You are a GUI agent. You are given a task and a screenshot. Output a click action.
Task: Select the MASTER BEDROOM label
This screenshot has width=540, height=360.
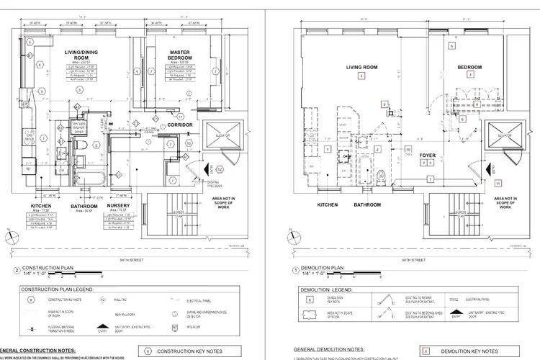point(179,55)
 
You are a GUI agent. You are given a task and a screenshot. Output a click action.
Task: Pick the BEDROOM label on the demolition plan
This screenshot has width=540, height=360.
point(469,67)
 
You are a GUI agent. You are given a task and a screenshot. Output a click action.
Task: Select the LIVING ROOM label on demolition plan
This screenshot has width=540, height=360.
point(361,67)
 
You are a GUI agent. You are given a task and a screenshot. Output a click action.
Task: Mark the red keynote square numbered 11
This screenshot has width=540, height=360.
point(498,184)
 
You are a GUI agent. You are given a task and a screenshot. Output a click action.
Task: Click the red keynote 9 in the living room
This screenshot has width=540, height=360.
point(384,104)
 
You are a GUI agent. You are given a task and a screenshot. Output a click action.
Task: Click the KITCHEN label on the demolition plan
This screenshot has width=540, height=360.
point(328,205)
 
